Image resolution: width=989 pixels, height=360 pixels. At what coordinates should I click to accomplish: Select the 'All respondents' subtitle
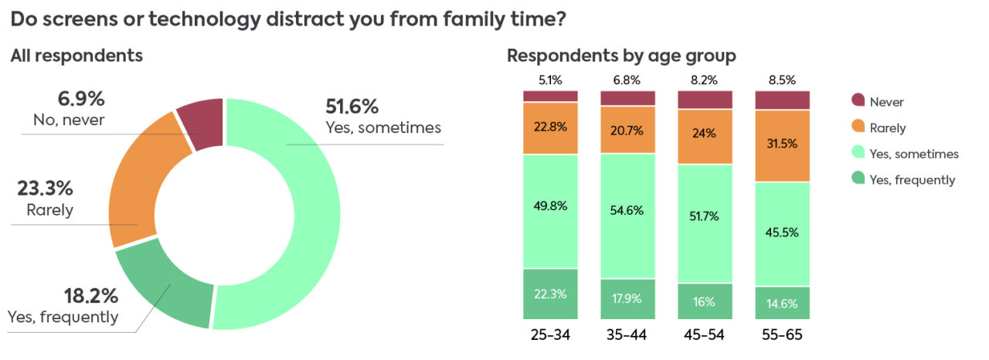[76, 56]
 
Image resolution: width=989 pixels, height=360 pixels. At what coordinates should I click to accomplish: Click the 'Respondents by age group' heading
[621, 56]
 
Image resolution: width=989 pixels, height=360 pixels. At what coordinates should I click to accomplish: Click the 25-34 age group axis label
[550, 335]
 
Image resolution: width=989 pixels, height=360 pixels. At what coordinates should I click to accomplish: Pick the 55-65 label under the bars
[782, 335]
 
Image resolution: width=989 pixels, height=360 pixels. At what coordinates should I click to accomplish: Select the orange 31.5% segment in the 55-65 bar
[782, 146]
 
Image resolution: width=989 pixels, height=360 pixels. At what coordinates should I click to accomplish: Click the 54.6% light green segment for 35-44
[627, 216]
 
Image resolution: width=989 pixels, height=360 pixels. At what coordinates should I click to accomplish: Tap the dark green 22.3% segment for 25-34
[550, 294]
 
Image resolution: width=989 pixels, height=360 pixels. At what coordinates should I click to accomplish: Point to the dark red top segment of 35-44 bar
[627, 98]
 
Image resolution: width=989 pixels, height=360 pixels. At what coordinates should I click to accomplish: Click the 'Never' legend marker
[858, 100]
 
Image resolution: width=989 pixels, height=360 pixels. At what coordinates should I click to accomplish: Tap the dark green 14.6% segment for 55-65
[782, 303]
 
